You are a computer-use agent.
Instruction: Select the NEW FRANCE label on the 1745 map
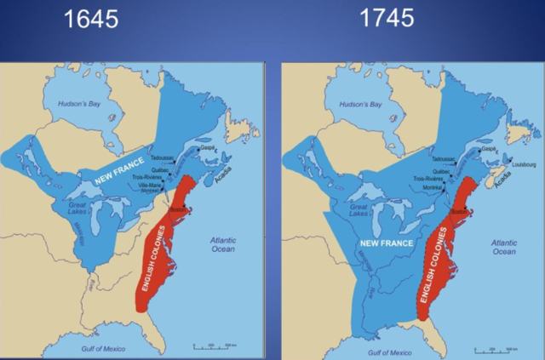[381, 245]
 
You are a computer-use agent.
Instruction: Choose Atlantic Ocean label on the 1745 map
[503, 247]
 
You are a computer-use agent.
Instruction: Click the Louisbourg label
[522, 164]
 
